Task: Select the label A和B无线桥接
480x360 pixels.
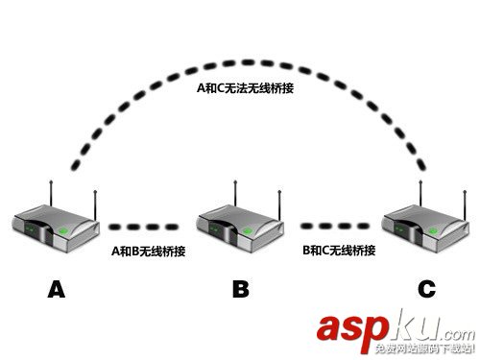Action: (148, 252)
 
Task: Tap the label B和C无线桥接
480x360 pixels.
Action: (338, 252)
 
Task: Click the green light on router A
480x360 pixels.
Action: (63, 232)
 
